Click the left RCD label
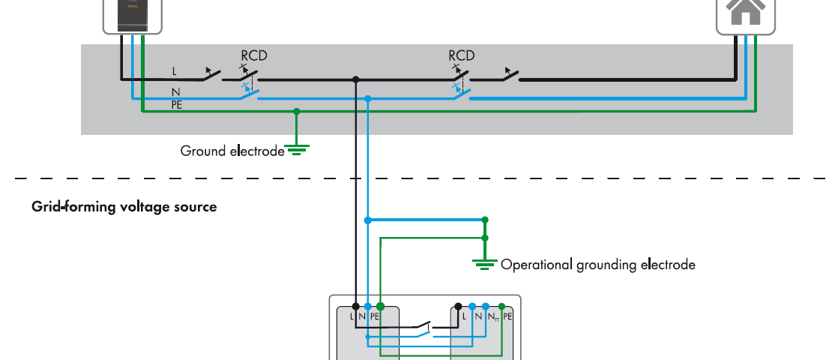(x=253, y=55)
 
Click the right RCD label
(x=462, y=55)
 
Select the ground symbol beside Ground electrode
(x=298, y=150)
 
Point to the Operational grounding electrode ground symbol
(x=485, y=262)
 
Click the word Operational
(x=536, y=265)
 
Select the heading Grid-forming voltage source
(x=124, y=206)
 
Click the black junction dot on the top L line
(x=356, y=79)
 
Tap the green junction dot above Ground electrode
(x=297, y=111)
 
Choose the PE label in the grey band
(x=177, y=105)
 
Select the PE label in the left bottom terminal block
(x=375, y=316)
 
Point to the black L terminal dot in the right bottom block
(x=458, y=306)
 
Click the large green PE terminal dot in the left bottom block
(x=381, y=306)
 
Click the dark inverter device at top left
(x=132, y=13)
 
